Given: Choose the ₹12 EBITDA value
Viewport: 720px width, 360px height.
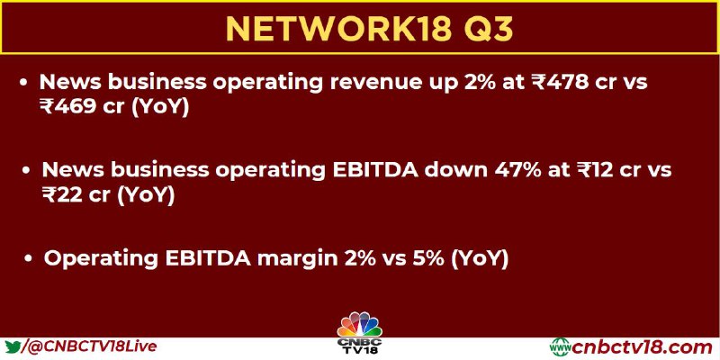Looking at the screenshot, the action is pyautogui.click(x=596, y=170).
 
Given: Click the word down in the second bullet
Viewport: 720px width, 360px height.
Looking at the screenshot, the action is pyautogui.click(x=455, y=170).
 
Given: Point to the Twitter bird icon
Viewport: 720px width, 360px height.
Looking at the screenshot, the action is pyautogui.click(x=12, y=347).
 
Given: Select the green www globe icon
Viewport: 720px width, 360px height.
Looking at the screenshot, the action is pyautogui.click(x=560, y=347).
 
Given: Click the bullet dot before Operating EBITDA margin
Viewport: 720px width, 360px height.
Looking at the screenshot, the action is pyautogui.click(x=29, y=258).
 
